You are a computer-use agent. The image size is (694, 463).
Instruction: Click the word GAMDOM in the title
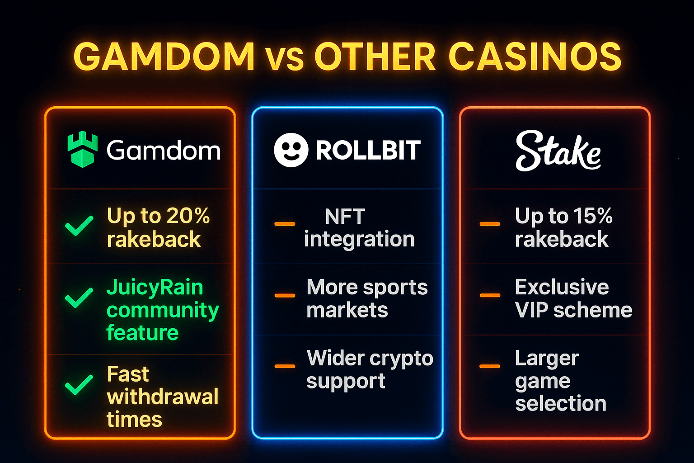(x=164, y=57)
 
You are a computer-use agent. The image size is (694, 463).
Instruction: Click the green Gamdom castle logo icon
(x=82, y=150)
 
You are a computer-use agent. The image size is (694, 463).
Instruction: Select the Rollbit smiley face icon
(x=291, y=150)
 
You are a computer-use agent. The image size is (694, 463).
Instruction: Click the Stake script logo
(x=558, y=151)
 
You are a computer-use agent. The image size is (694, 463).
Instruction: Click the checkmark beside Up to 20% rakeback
(x=79, y=225)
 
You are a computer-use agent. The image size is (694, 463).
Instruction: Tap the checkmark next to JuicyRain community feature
(x=79, y=297)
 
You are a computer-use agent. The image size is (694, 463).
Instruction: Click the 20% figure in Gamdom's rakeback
(x=188, y=216)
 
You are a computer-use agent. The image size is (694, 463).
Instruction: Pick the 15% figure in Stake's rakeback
(x=591, y=216)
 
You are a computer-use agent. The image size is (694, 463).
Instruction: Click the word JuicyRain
(x=155, y=288)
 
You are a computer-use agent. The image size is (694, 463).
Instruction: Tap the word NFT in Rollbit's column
(x=344, y=217)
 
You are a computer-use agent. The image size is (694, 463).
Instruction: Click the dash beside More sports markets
(x=285, y=296)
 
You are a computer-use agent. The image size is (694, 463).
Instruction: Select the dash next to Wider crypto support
(x=285, y=366)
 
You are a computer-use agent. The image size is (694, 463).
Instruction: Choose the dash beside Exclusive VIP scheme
(x=490, y=295)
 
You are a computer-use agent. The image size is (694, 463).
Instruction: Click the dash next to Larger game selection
(x=490, y=366)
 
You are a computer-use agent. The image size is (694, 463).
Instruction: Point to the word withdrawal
(x=163, y=397)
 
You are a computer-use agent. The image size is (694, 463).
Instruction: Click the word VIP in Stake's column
(x=531, y=310)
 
